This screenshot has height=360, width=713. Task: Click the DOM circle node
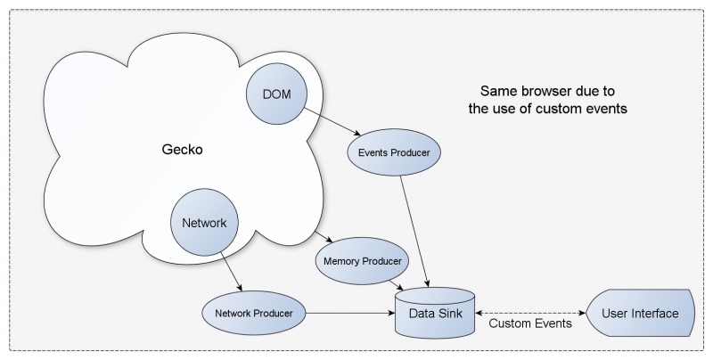[x=276, y=94]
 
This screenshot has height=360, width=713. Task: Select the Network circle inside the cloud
[x=204, y=222]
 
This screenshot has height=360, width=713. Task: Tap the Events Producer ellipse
[x=394, y=152]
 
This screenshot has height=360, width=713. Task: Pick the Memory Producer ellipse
[x=363, y=261]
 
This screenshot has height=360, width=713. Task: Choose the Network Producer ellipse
[x=254, y=313]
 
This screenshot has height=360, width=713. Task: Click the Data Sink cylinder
[x=435, y=313]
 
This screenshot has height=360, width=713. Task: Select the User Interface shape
[x=640, y=313]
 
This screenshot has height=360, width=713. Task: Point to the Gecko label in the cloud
[x=183, y=149]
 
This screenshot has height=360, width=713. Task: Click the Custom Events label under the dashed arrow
[x=530, y=323]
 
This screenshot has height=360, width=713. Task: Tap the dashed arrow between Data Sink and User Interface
[x=530, y=313]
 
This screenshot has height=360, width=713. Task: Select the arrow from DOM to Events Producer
[x=332, y=122]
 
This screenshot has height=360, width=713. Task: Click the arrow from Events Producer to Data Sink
[x=414, y=232]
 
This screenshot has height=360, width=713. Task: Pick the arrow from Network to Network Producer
[x=232, y=272]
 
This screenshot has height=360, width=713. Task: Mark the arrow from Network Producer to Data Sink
[x=350, y=313]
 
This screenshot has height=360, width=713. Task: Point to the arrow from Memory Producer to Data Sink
[x=396, y=285]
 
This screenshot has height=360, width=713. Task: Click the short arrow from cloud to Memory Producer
[x=324, y=237]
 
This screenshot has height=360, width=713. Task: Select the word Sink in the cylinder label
[x=450, y=313]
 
